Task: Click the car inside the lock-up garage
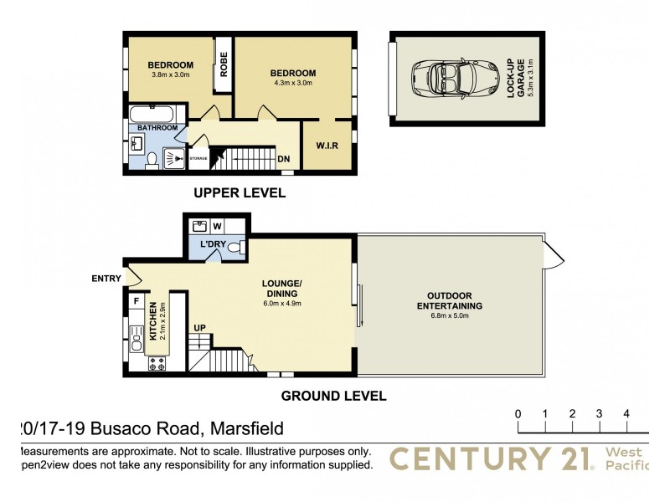451,78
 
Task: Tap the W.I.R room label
327,145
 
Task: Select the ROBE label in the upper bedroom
224,65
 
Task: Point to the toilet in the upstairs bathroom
152,160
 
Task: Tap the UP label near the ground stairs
200,327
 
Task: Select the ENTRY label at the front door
106,279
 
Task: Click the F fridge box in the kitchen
136,300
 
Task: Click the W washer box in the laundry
217,225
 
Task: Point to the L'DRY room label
213,244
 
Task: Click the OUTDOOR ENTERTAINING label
449,301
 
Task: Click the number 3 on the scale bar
600,414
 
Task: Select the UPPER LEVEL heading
240,193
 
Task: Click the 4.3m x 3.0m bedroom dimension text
293,83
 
